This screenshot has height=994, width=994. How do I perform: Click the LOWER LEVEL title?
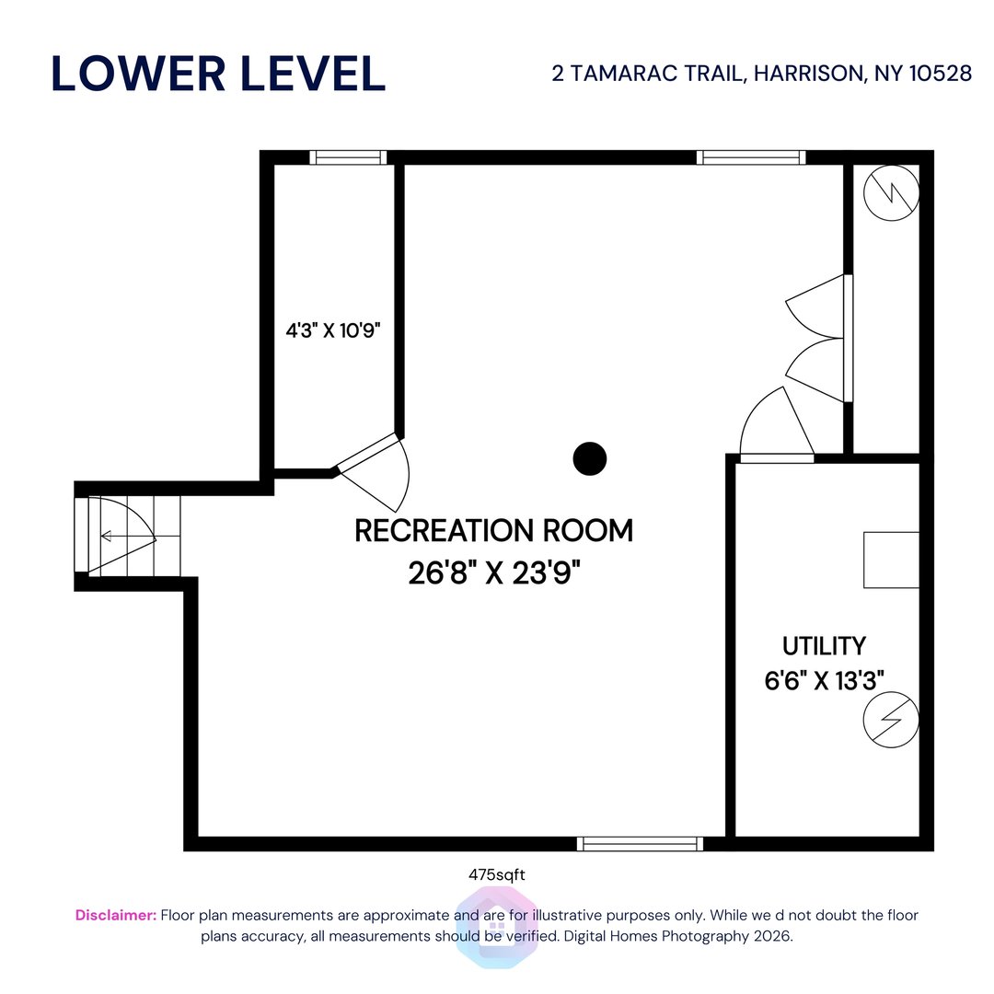(x=218, y=74)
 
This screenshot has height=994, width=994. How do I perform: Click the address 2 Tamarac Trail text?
(x=761, y=74)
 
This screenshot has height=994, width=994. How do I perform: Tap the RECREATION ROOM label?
(x=494, y=531)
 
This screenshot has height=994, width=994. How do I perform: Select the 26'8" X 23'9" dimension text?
(x=494, y=573)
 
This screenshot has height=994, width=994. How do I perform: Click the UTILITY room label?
(x=824, y=645)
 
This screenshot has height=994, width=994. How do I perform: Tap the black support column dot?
(x=589, y=458)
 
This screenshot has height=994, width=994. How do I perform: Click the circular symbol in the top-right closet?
(x=892, y=193)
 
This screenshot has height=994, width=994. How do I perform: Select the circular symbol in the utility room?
(x=891, y=720)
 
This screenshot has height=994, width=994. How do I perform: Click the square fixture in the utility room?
(x=891, y=560)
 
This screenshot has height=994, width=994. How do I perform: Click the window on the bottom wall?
(x=640, y=843)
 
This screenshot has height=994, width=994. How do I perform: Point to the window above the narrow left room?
(x=348, y=157)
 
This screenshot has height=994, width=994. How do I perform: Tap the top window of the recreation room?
(x=751, y=157)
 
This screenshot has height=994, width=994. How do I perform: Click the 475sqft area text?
(x=497, y=875)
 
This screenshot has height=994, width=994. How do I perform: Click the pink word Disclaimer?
(x=116, y=915)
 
